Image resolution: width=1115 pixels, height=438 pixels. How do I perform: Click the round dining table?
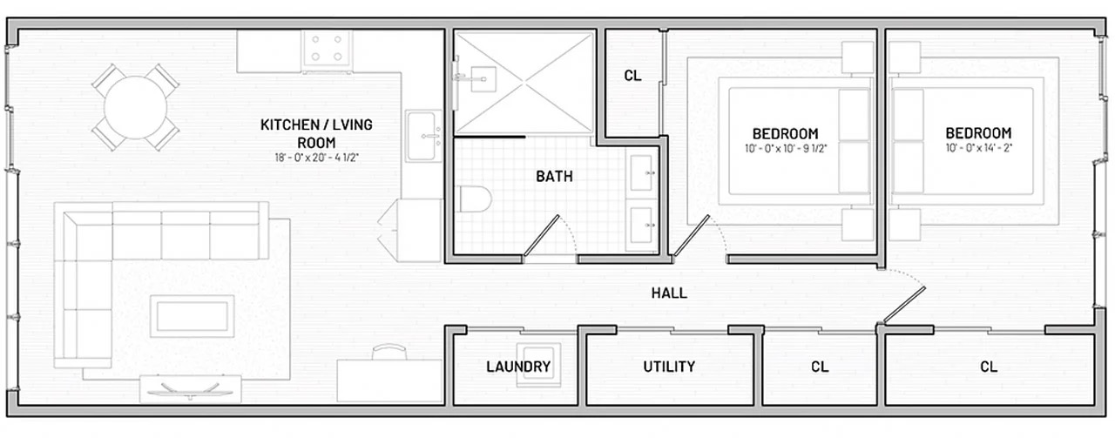click(135, 108)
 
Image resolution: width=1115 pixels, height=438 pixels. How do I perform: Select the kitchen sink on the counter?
click(425, 136)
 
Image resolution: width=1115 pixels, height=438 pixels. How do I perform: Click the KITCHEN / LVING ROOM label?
click(316, 133)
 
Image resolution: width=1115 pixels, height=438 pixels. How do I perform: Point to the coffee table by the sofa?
click(192, 315)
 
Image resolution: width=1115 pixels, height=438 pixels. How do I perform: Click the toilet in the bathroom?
click(473, 199)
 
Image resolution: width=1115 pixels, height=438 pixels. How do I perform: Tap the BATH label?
click(554, 177)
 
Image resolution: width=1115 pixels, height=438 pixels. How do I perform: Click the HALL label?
click(669, 293)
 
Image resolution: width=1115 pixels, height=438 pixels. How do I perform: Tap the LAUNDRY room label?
click(517, 367)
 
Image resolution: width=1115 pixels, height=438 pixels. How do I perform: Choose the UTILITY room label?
click(669, 367)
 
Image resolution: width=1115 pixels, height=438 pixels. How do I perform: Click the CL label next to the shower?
click(632, 76)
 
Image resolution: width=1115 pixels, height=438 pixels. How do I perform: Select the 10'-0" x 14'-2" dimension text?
click(979, 148)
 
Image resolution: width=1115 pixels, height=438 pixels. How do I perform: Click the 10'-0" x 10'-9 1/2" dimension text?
click(786, 148)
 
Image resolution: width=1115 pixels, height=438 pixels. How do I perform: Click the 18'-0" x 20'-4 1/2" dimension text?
click(316, 158)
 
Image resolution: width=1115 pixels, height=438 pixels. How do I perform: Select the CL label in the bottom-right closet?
click(988, 367)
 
